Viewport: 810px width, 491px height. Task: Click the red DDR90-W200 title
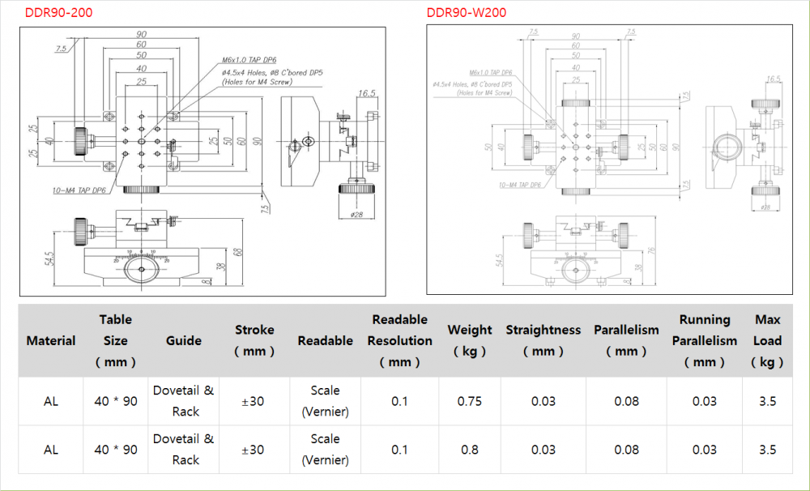point(467,12)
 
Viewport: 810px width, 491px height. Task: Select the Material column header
point(51,341)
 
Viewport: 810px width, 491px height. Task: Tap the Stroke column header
point(254,340)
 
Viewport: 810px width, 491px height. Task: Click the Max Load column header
point(767,340)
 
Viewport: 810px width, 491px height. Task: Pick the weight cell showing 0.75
point(470,401)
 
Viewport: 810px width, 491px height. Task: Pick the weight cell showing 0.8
point(470,450)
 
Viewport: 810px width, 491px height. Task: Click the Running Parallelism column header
point(705,340)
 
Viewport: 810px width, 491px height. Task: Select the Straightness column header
point(544,340)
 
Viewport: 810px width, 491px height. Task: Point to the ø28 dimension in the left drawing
point(356,214)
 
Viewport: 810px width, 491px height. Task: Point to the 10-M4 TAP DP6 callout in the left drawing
point(78,190)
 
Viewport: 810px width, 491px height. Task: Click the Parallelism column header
point(626,340)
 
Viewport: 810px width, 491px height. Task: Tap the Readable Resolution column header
point(399,340)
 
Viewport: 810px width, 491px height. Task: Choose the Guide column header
point(184,341)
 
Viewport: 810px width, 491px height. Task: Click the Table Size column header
point(116,340)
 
